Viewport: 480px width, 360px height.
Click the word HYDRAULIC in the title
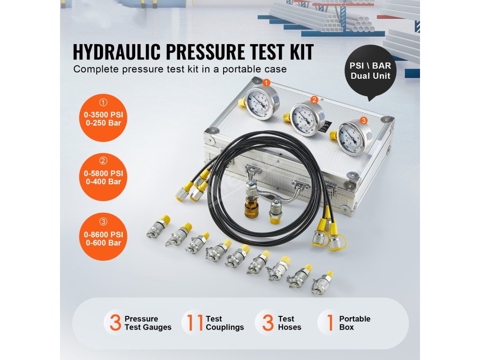[117, 52]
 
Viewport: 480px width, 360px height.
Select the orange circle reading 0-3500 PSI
[103, 118]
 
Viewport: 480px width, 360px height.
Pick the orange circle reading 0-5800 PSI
[103, 177]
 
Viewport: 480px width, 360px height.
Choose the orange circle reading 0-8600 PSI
[103, 237]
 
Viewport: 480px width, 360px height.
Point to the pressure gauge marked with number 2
[307, 119]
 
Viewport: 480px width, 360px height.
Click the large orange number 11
[195, 322]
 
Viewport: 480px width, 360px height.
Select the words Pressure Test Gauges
[148, 323]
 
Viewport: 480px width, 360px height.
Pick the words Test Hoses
[289, 323]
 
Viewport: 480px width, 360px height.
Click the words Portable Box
[354, 323]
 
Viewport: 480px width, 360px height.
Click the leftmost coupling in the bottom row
[158, 226]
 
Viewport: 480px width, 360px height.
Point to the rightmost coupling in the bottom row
[322, 282]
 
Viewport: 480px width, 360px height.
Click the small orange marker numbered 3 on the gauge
[363, 120]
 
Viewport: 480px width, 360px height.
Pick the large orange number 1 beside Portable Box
[330, 322]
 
